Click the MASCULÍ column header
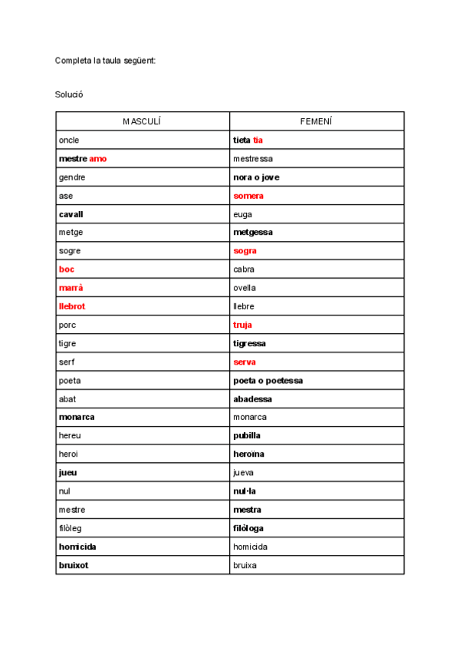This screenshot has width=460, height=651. tap(143, 121)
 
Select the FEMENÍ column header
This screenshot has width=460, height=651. tap(316, 121)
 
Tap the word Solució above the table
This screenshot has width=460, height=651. tap(69, 94)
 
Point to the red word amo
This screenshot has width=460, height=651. tap(98, 159)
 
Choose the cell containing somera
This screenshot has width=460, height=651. tap(248, 196)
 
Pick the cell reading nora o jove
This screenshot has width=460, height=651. tap(256, 177)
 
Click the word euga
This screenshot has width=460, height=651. tap(242, 214)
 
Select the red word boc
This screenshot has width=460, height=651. tap(67, 269)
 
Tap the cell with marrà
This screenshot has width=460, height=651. tap(71, 288)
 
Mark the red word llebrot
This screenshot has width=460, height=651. tap(72, 306)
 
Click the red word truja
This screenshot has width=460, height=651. tap(243, 325)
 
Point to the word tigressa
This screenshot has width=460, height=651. tap(250, 343)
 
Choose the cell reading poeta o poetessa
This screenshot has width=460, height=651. tap(268, 381)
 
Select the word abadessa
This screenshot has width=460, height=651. tap(252, 399)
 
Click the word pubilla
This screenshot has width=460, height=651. tap(247, 436)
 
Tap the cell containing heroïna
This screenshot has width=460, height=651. tap(249, 454)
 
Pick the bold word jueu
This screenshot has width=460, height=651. tap(67, 473)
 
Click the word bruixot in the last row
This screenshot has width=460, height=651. tap(74, 566)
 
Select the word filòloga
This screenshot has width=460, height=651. tap(249, 528)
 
